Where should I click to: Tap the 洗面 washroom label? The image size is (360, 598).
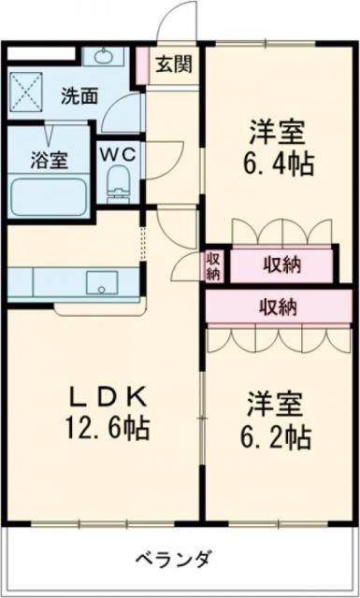79,94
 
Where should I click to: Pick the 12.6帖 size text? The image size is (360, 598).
106,430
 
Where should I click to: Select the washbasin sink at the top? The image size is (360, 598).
102,58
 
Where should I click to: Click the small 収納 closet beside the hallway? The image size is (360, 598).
213,265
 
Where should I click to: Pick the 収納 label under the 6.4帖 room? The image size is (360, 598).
280,265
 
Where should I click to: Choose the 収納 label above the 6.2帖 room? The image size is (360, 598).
279,306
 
